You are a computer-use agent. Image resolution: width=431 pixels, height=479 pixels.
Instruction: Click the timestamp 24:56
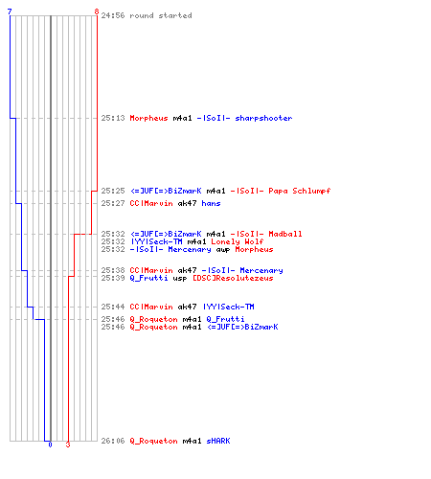[x=113, y=15]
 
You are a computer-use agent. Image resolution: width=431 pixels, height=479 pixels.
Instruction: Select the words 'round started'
[x=161, y=15]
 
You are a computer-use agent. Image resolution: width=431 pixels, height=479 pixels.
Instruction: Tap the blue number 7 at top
[x=10, y=11]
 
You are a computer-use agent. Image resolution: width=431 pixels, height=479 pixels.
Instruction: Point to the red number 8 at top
[x=97, y=11]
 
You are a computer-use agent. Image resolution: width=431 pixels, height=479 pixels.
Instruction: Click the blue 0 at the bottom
[x=50, y=445]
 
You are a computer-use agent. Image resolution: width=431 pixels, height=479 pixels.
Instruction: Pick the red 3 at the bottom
[x=68, y=445]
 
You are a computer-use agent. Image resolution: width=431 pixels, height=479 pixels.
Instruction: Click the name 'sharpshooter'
[x=263, y=118]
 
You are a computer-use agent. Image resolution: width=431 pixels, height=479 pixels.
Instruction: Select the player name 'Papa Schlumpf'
[x=299, y=191]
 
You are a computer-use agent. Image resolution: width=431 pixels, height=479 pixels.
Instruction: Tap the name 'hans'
[x=211, y=203]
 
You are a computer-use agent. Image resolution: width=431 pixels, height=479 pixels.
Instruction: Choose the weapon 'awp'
[x=223, y=249]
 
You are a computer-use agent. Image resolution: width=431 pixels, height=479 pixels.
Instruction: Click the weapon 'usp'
[x=180, y=278]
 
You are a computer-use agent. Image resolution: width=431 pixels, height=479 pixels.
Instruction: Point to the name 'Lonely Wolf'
[x=238, y=241]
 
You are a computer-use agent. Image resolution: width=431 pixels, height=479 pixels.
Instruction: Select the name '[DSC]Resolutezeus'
[x=233, y=278]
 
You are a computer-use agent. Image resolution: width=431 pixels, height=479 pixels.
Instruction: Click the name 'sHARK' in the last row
[x=218, y=441]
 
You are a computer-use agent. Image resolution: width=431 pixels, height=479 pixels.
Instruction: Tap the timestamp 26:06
[x=113, y=441]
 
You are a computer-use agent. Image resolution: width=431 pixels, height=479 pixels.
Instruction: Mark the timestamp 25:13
[x=113, y=118]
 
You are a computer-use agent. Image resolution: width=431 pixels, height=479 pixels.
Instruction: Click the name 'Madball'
[x=285, y=234]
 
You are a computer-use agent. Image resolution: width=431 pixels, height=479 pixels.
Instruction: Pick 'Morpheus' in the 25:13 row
[x=148, y=118]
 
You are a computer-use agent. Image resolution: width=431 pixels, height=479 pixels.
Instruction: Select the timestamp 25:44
[x=113, y=307]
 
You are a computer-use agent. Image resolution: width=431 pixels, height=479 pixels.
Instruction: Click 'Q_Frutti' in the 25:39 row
[x=148, y=278]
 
